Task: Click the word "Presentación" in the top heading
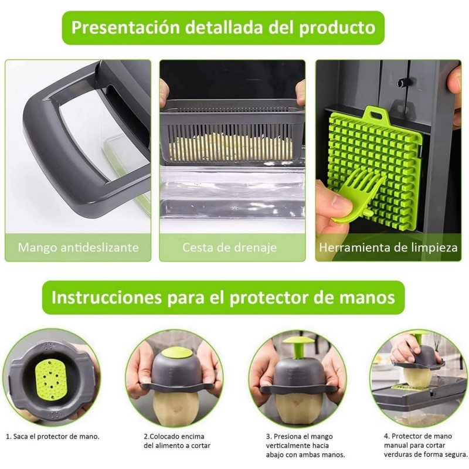click(x=125, y=28)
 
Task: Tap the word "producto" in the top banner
click(x=337, y=28)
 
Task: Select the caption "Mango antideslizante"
click(x=79, y=247)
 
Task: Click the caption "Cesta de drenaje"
click(x=230, y=247)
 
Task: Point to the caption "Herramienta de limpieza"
click(x=388, y=247)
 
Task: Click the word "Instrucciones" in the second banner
click(x=107, y=298)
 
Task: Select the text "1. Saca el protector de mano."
click(x=53, y=437)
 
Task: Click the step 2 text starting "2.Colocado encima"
click(x=177, y=441)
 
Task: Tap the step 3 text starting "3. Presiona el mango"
click(x=305, y=446)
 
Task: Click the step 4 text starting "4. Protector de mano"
click(x=426, y=446)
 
